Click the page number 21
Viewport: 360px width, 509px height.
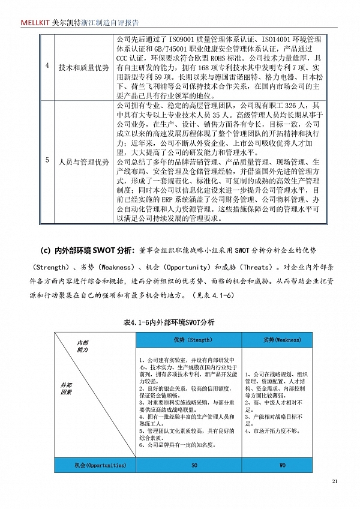335,481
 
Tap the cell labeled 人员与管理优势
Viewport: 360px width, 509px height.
83,162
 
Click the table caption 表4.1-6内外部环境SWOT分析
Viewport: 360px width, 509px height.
169,322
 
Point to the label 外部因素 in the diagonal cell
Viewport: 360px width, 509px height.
67,388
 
